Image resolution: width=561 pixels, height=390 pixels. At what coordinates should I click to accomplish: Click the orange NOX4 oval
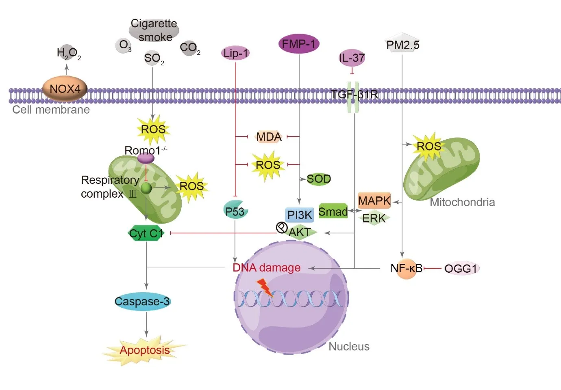tap(65, 89)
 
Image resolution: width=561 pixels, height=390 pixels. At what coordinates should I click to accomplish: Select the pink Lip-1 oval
tap(235, 53)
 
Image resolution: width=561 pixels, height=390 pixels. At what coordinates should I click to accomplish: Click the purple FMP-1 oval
tap(299, 44)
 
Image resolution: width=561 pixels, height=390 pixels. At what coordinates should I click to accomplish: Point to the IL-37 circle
tap(352, 58)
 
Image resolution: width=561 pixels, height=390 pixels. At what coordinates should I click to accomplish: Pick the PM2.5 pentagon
tap(402, 44)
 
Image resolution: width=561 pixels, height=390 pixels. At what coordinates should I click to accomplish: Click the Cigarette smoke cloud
tap(154, 30)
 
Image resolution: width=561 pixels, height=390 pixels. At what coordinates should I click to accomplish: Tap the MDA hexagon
tap(269, 137)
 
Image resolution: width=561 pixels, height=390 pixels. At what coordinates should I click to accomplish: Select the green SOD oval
tap(319, 179)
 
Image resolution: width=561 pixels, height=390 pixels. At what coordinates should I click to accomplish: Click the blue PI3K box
tap(300, 215)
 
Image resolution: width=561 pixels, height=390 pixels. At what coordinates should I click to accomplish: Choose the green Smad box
tap(333, 211)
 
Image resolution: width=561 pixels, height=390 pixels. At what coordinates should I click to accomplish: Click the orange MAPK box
tap(374, 200)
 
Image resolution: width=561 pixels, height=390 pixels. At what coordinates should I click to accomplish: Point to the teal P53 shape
tap(235, 210)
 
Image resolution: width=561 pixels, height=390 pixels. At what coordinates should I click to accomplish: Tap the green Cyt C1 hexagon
tap(146, 233)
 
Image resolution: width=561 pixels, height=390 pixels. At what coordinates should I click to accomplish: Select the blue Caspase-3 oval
tap(142, 302)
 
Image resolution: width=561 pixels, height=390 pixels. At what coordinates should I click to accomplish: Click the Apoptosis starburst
tap(145, 350)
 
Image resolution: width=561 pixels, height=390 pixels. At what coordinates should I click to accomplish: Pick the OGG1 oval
tap(461, 268)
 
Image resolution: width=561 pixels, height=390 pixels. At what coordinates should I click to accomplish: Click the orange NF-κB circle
tap(407, 268)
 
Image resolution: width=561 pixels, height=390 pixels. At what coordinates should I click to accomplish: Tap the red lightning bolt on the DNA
tap(265, 287)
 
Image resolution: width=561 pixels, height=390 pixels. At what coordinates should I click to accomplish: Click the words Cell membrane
tap(51, 110)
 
